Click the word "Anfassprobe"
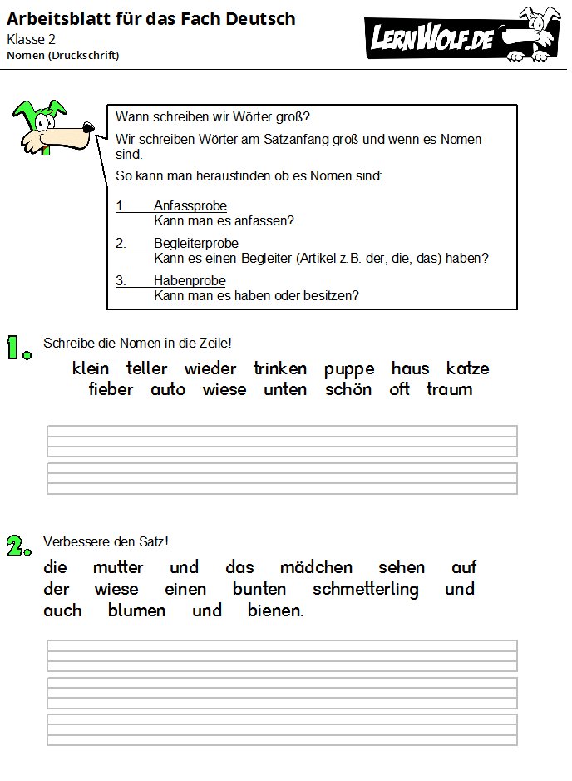(x=190, y=206)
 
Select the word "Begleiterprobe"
(x=195, y=244)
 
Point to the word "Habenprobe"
(x=184, y=281)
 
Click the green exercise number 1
(x=18, y=347)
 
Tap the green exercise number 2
(x=18, y=545)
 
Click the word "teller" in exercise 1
(x=147, y=368)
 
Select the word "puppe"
(x=349, y=368)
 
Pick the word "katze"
(x=467, y=368)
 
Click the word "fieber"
(x=111, y=390)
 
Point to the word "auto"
(x=168, y=390)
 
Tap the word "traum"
(x=449, y=390)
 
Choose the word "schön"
(x=348, y=390)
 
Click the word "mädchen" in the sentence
(x=316, y=568)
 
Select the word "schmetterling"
(x=366, y=590)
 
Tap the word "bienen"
(x=275, y=611)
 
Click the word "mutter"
(x=118, y=568)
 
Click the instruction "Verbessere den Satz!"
(x=106, y=542)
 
